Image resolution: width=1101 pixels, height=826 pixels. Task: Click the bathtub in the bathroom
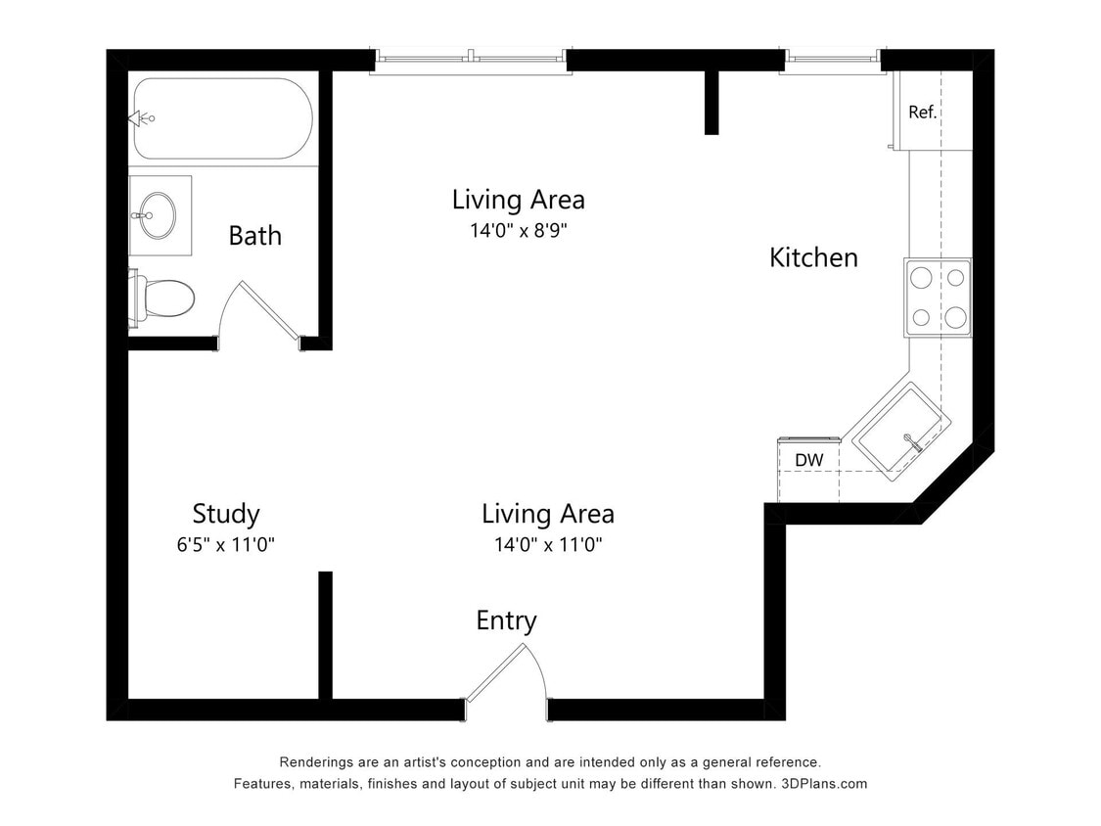tap(223, 119)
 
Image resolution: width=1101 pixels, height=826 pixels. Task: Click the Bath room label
tap(254, 236)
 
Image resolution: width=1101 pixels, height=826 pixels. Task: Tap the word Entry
tap(506, 620)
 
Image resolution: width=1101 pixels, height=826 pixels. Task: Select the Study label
tap(225, 514)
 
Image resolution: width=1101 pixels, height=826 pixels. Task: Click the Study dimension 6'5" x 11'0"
tap(225, 545)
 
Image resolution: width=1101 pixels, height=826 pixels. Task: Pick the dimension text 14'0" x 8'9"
tap(518, 232)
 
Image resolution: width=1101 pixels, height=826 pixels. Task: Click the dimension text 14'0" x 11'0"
tap(547, 545)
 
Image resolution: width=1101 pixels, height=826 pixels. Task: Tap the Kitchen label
tap(813, 257)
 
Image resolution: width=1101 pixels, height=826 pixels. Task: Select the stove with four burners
tap(938, 298)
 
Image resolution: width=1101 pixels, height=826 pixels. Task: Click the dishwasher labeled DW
tap(808, 460)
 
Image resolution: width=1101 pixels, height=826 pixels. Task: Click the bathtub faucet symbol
tap(142, 118)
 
